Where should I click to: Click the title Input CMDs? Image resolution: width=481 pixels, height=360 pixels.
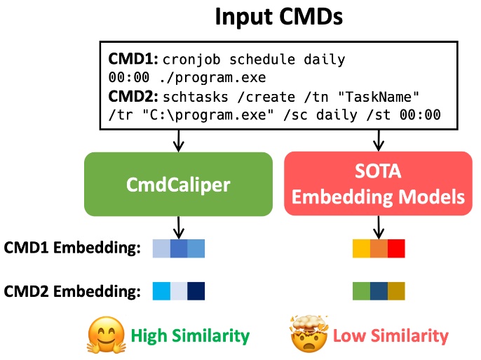[278, 16]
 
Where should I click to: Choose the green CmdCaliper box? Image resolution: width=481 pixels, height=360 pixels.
[178, 184]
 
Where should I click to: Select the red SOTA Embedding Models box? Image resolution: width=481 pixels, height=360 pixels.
[379, 184]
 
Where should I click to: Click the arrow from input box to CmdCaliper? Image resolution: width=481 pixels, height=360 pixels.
[178, 141]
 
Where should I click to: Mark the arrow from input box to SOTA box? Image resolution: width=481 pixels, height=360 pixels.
[379, 141]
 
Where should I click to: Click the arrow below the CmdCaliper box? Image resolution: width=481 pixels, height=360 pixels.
[178, 226]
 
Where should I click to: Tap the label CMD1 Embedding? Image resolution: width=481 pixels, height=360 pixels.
[72, 248]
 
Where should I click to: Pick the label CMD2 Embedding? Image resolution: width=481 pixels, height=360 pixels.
[72, 291]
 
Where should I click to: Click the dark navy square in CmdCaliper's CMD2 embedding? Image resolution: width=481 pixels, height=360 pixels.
[196, 291]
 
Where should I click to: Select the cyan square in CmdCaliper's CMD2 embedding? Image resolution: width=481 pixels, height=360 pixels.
[161, 291]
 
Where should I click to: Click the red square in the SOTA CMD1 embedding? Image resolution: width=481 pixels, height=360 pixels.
[396, 248]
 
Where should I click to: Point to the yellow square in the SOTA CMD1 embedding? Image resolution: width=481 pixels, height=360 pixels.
[361, 248]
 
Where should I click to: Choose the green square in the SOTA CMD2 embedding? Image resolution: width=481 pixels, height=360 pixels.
[361, 291]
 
